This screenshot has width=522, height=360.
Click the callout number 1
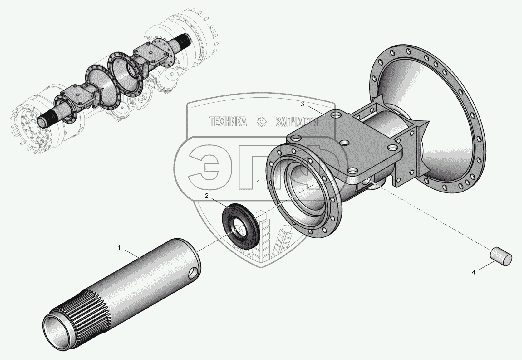tap(119, 247)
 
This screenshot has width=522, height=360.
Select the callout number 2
tap(206, 196)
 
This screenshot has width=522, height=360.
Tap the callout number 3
tap(302, 104)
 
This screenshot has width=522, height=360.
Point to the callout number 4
tap(474, 272)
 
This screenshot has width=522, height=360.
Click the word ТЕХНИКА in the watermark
tap(228, 122)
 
